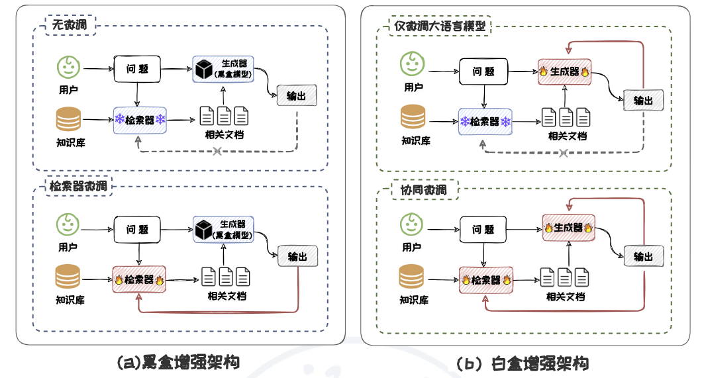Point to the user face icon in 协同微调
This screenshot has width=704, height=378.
[411, 224]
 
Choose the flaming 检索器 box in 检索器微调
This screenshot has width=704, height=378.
[140, 279]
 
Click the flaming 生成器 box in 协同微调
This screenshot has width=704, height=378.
[567, 227]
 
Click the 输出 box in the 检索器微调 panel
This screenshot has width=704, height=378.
[297, 257]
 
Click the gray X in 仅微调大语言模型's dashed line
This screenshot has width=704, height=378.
[563, 154]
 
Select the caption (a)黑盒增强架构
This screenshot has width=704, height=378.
[177, 361]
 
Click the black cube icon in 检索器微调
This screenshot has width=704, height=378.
[203, 230]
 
